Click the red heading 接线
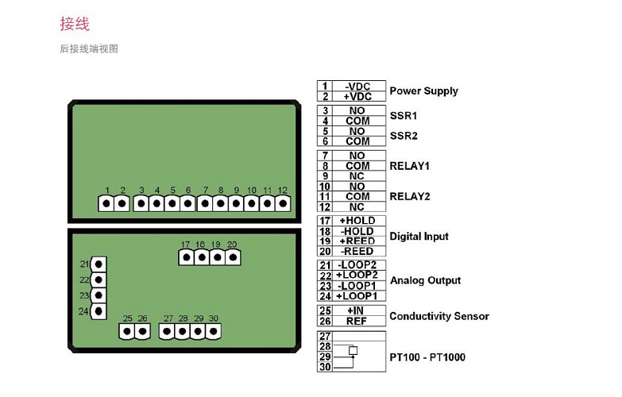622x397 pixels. [x=75, y=24]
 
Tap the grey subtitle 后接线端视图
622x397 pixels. [x=89, y=48]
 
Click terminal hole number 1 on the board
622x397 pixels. [x=106, y=203]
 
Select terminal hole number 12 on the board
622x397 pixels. [x=283, y=203]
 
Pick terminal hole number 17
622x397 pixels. [x=187, y=258]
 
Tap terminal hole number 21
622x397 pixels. [x=99, y=264]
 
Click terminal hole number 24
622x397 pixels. [x=99, y=311]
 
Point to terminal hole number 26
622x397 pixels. [x=143, y=331]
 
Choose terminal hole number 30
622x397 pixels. [x=213, y=331]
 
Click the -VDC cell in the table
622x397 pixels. [x=358, y=86]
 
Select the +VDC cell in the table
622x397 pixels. [x=358, y=96]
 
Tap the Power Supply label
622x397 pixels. [x=423, y=91]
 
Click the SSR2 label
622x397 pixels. [x=404, y=136]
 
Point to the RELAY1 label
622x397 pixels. [x=409, y=166]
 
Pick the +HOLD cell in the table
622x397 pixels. [x=358, y=221]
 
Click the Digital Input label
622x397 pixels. [x=419, y=237]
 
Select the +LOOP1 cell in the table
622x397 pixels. [x=358, y=296]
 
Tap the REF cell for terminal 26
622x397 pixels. [x=358, y=322]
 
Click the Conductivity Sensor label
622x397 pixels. [x=439, y=316]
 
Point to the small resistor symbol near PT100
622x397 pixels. [x=353, y=351]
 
